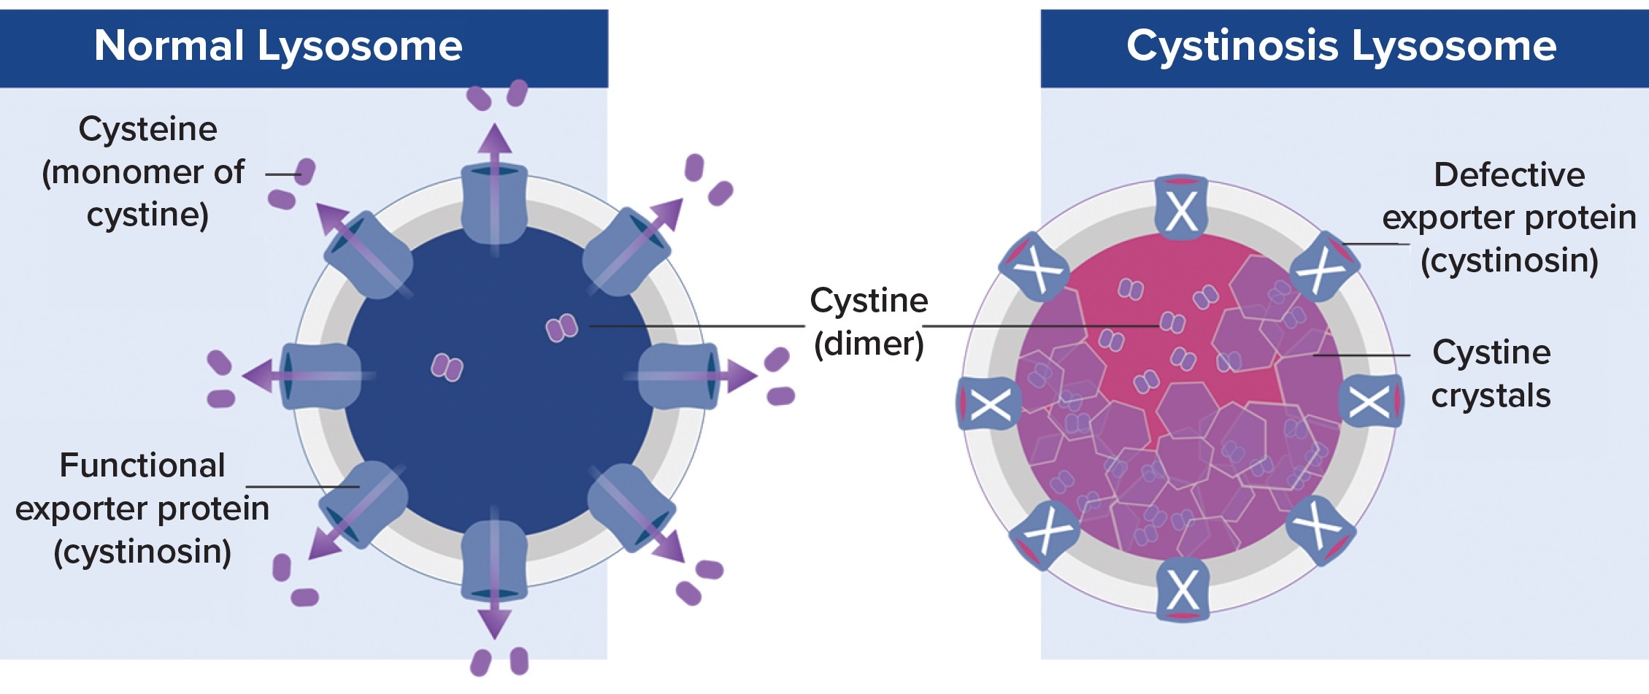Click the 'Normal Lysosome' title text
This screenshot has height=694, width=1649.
[278, 46]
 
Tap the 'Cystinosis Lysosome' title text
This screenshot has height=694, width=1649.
[1341, 46]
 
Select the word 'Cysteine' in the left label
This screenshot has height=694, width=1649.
[147, 129]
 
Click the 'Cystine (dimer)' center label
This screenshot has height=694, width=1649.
[869, 322]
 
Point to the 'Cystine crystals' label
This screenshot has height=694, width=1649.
[1491, 374]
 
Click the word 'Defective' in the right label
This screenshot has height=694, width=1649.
[1509, 175]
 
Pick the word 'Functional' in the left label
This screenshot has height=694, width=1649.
[142, 466]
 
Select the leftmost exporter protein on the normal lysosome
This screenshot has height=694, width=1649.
[320, 377]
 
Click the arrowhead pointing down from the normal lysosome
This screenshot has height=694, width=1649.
[494, 625]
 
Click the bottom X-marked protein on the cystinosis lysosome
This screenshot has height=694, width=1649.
[1183, 590]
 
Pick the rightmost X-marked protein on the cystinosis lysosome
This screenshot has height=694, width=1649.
[1371, 401]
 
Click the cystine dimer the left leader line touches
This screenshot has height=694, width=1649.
[562, 328]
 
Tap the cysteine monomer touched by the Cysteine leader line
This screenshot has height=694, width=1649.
[305, 172]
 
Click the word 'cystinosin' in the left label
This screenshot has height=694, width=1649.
[143, 552]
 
